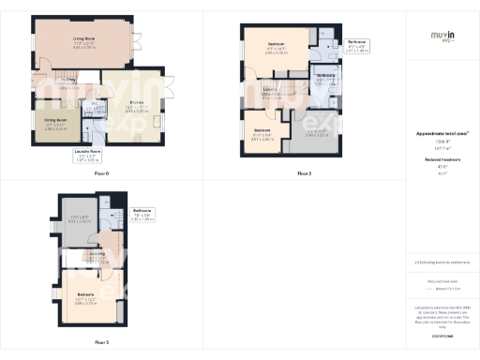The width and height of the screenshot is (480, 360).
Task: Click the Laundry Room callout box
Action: [x=87, y=157]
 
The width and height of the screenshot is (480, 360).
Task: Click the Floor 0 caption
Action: [x=101, y=174]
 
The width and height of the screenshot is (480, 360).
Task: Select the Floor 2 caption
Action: [x=304, y=174]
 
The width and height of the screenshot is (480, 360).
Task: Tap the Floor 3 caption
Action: [x=101, y=342]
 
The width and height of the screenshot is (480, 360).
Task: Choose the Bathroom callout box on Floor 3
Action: [x=142, y=214]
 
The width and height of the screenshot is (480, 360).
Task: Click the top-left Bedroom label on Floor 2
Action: [x=277, y=48]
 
